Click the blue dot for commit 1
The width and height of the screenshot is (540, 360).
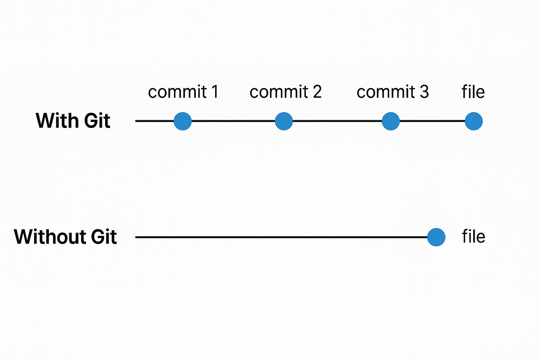pyautogui.click(x=182, y=121)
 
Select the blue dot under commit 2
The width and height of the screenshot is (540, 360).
pyautogui.click(x=284, y=121)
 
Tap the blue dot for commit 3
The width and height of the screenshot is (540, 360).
pyautogui.click(x=391, y=121)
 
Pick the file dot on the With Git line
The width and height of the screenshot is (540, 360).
pyautogui.click(x=474, y=121)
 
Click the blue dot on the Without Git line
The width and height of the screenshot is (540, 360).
pyautogui.click(x=436, y=237)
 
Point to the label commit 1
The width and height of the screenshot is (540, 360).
pyautogui.click(x=183, y=92)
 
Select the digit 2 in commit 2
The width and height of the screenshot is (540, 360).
pyautogui.click(x=317, y=92)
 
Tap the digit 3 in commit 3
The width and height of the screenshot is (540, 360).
pyautogui.click(x=424, y=92)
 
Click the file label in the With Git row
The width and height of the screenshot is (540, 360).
pyautogui.click(x=473, y=92)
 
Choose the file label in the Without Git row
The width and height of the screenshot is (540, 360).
pyautogui.click(x=474, y=236)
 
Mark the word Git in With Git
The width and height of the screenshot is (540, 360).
pyautogui.click(x=97, y=121)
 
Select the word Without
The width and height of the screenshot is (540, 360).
pyautogui.click(x=50, y=237)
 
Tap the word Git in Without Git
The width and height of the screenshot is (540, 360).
pyautogui.click(x=104, y=237)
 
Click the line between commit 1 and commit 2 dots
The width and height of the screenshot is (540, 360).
pyautogui.click(x=233, y=121)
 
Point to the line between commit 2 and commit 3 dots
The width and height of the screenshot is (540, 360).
pyautogui.click(x=337, y=121)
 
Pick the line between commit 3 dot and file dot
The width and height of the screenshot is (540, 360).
pyautogui.click(x=432, y=121)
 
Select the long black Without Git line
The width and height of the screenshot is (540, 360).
pyautogui.click(x=281, y=237)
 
